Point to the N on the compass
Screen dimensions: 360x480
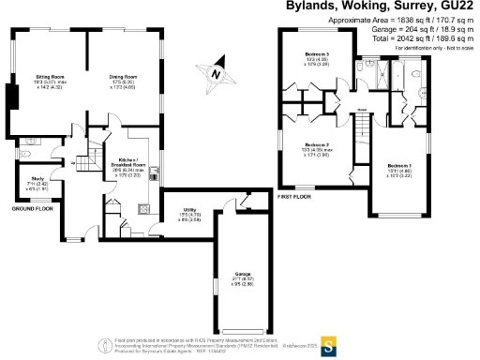pyautogui.click(x=216, y=72)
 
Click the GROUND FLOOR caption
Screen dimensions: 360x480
pyautogui.click(x=30, y=210)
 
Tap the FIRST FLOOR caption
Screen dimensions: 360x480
pyautogui.click(x=294, y=197)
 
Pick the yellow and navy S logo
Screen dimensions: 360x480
pyautogui.click(x=328, y=342)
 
